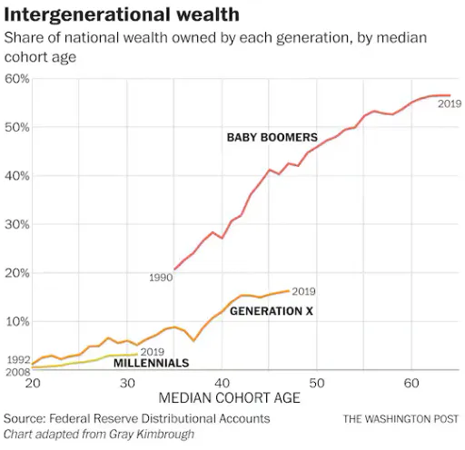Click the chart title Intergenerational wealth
pos(122,15)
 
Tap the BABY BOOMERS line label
pos(272,137)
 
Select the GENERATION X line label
pos(272,311)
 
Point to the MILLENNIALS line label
pos(151,363)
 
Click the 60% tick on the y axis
pos(17,79)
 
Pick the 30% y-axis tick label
pos(17,224)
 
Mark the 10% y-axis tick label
pos(17,321)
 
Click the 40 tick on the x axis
pos(222,383)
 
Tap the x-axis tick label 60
pos(411,383)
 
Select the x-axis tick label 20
pos(33,383)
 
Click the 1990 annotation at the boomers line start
pos(161,278)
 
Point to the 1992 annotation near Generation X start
pos(18,360)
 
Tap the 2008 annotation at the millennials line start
pos(18,372)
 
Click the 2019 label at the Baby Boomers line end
pos(450,103)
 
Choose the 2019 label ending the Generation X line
pos(303,291)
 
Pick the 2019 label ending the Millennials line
pos(153,352)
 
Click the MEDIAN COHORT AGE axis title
pos(229,397)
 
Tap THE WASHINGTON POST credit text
pos(401,419)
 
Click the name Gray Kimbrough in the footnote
pos(152,435)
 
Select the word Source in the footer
pos(25,419)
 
